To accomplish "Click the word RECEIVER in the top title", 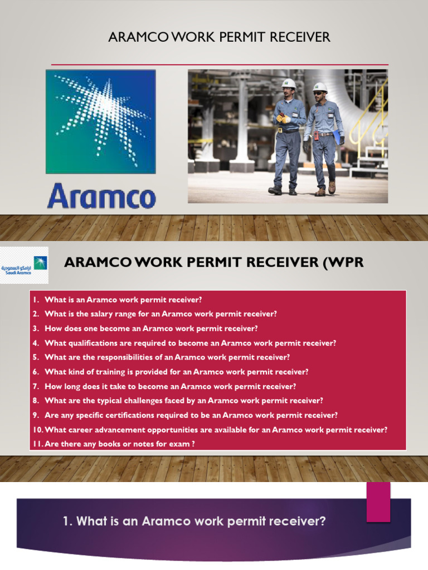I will (x=300, y=37).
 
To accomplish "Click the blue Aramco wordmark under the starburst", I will (x=101, y=198).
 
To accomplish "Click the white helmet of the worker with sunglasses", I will (x=320, y=87).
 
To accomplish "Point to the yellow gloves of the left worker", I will (x=283, y=118).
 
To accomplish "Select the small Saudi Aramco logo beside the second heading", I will (x=25, y=266).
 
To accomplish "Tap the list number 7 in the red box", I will (x=36, y=386).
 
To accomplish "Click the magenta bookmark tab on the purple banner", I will (x=378, y=502).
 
